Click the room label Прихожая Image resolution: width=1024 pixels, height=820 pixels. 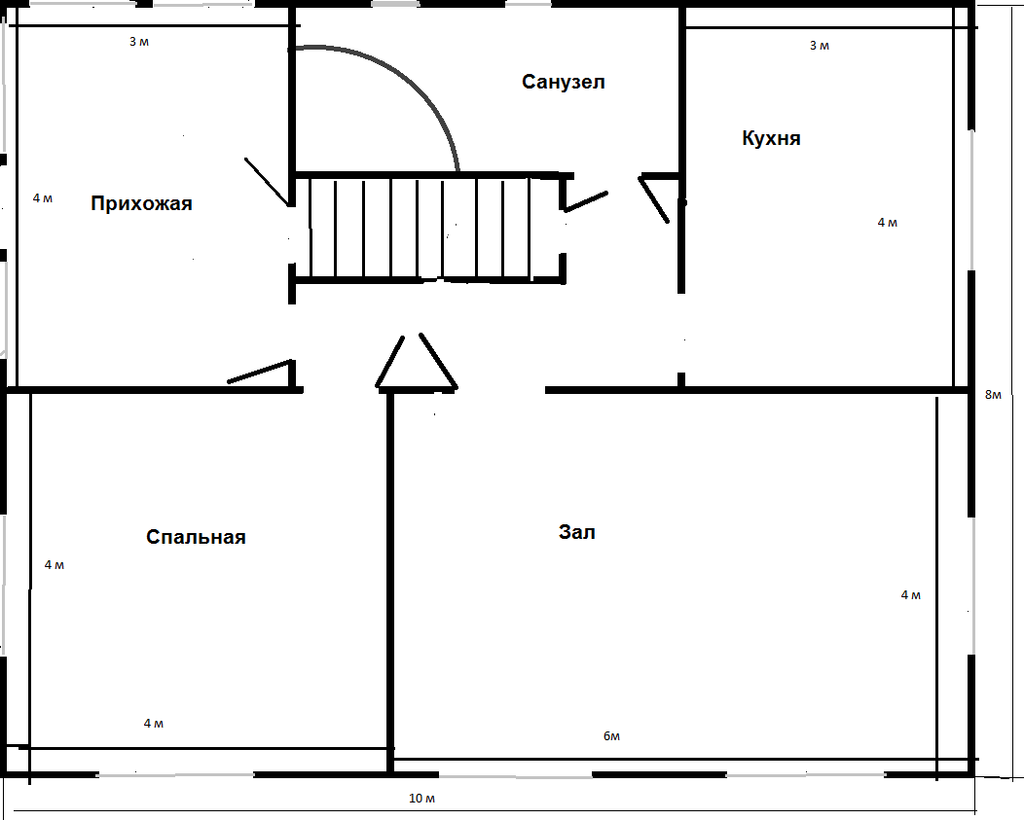(141, 203)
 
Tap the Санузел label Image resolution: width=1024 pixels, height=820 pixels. (563, 82)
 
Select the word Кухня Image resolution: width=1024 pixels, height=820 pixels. (771, 138)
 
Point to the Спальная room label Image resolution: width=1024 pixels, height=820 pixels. (196, 537)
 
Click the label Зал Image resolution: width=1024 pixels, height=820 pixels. (576, 532)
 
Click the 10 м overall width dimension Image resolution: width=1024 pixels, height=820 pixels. (421, 799)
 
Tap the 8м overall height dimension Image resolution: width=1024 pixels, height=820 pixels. (993, 394)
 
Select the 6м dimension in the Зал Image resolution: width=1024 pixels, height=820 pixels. (611, 736)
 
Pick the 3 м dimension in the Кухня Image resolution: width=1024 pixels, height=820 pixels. (820, 46)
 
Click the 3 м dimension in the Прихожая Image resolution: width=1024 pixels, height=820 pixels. (139, 42)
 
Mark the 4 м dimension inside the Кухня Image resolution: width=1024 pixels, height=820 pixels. (888, 223)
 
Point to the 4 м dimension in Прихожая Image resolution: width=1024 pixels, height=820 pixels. (43, 197)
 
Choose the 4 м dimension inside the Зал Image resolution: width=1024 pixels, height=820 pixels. (911, 594)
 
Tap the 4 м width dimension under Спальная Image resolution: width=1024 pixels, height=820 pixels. (154, 724)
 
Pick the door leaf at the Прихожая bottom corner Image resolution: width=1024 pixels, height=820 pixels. (259, 371)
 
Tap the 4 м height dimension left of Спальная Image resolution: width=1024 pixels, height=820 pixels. (55, 565)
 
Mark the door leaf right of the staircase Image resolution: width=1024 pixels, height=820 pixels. (586, 201)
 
